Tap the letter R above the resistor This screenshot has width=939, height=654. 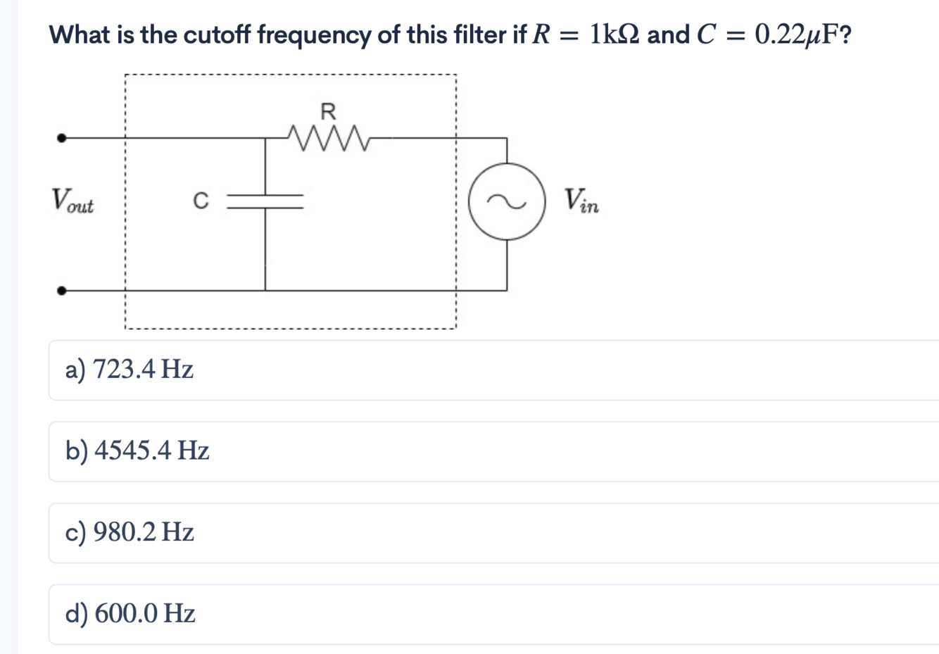[328, 111]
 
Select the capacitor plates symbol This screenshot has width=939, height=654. [265, 200]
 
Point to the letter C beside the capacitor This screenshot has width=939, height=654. [201, 201]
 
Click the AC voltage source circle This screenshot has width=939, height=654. [507, 203]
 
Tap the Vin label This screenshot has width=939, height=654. [581, 201]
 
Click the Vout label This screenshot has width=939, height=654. [72, 201]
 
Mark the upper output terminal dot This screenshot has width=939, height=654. [62, 138]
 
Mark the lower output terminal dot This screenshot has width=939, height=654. [62, 290]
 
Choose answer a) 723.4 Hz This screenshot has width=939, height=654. [130, 369]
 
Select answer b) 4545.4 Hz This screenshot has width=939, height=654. [137, 451]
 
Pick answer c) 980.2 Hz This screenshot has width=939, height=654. [130, 532]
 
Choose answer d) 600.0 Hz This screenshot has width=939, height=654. [130, 614]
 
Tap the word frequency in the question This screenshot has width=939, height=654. [314, 35]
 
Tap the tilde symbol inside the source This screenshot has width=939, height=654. [507, 203]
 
